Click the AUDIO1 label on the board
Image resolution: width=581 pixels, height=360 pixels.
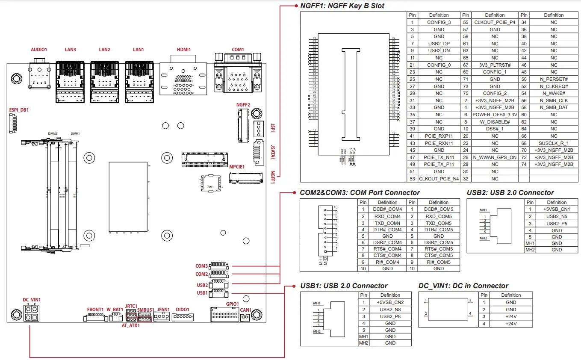(39, 50)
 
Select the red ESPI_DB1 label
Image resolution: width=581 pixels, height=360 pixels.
(19, 110)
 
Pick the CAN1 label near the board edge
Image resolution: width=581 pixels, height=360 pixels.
(246, 310)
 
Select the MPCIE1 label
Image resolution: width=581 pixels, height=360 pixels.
(237, 167)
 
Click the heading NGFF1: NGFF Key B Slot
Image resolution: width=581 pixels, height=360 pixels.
(342, 6)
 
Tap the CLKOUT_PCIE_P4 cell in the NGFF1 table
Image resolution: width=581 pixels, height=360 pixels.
(495, 22)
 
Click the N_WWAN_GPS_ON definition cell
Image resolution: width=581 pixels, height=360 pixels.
(495, 157)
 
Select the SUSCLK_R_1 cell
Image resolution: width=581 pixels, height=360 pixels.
(554, 143)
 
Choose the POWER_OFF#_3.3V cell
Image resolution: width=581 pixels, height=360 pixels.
(495, 115)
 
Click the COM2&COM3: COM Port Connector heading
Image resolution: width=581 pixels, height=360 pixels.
(360, 193)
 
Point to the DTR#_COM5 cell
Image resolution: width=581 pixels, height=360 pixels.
(439, 230)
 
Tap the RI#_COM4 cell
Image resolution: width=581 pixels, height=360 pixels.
(387, 262)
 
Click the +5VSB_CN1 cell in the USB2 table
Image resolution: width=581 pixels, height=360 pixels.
(557, 209)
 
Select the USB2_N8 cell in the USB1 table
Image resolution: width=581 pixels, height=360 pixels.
(390, 309)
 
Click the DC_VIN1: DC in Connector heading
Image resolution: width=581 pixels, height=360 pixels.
(463, 286)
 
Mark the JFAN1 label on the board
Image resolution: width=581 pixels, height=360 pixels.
(164, 310)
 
